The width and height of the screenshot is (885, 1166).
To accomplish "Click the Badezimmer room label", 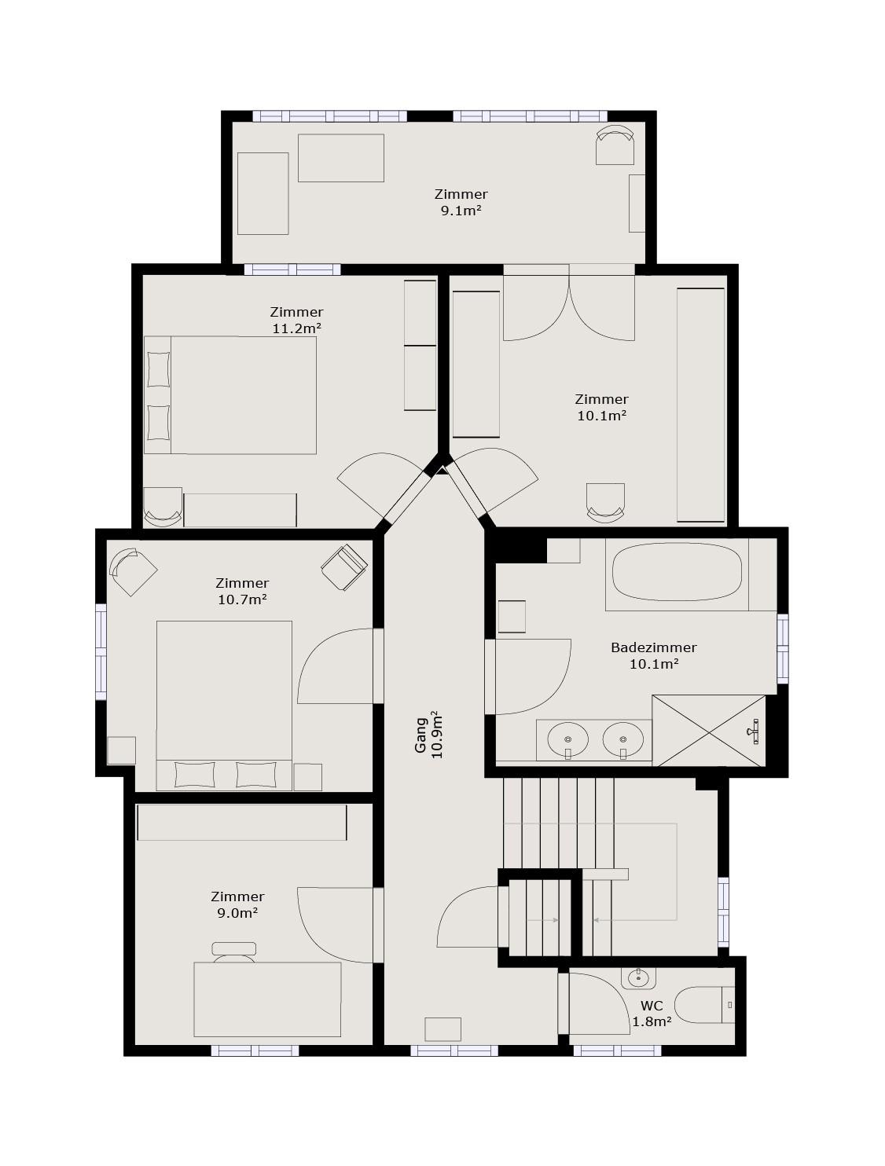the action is point(653,647).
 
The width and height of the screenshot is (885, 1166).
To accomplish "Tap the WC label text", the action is point(652,1006).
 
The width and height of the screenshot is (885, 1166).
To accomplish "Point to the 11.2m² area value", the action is point(296,328).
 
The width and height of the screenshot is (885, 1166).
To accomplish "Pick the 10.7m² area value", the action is point(242,599).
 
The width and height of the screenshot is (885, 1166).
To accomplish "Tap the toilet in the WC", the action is point(704,1004).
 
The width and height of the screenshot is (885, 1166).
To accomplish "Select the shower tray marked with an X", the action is point(709,731).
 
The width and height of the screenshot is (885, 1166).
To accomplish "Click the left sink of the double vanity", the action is point(568,739).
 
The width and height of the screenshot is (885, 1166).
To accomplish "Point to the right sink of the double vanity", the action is point(623,739).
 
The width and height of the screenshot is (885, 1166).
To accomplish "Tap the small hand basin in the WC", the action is point(637,977).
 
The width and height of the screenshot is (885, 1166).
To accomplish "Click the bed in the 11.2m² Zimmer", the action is point(230,394).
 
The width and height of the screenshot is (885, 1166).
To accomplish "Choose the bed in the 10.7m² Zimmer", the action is point(224,706).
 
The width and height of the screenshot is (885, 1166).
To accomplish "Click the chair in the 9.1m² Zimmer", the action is point(615,145).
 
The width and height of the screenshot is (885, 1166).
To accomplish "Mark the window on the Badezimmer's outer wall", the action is point(783,648).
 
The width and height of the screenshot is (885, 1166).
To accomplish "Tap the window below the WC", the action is point(617,1050).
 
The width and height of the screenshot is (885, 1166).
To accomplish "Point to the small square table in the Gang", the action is point(443,1029).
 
